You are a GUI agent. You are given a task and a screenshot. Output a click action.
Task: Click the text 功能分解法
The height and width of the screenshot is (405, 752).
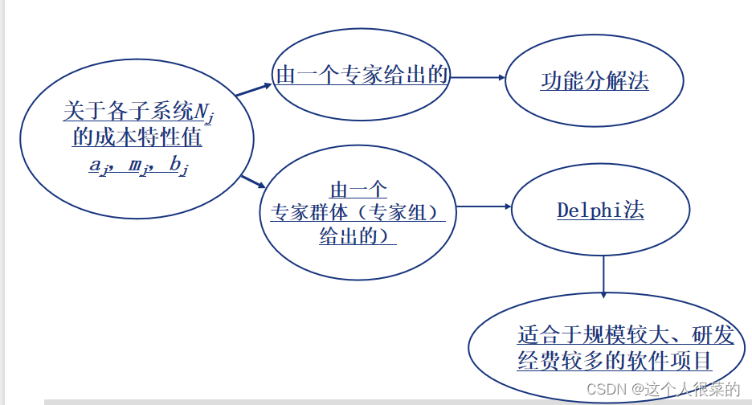tap(595, 82)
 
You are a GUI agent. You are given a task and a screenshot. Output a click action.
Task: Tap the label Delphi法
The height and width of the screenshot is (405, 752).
tap(600, 211)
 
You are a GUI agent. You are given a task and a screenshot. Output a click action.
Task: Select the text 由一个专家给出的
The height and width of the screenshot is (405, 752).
tap(362, 76)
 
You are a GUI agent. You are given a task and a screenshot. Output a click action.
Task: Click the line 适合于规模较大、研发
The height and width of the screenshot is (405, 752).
tap(615, 335)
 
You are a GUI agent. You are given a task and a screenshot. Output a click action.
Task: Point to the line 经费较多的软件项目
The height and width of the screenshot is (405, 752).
tap(615, 359)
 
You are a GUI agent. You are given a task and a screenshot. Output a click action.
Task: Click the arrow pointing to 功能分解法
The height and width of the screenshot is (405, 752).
tap(478, 78)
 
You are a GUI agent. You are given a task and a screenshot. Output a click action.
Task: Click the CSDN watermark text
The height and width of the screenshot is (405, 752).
tap(663, 390)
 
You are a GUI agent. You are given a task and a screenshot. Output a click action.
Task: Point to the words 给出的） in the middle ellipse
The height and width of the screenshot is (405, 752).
tap(358, 237)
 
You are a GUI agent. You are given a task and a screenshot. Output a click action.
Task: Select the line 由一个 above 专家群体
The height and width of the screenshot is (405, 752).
tap(358, 190)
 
